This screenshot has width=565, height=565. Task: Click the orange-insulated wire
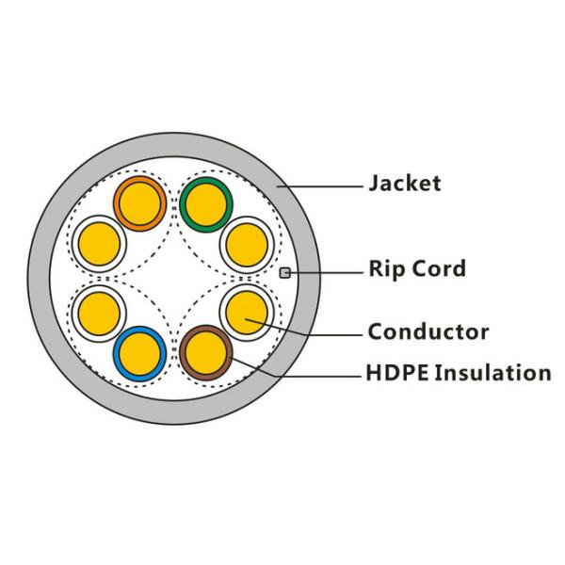139,202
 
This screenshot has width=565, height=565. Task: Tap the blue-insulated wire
139,351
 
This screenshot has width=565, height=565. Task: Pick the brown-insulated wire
206,352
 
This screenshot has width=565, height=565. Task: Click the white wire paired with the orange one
99,242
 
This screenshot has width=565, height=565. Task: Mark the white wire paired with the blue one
99,311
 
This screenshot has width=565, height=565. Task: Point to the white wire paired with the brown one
248,311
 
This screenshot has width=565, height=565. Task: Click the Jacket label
404,183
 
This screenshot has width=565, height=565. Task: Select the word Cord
441,269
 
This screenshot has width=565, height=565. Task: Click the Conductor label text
428,331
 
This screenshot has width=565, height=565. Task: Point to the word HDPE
395,373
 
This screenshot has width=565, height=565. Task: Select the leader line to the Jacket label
330,184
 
